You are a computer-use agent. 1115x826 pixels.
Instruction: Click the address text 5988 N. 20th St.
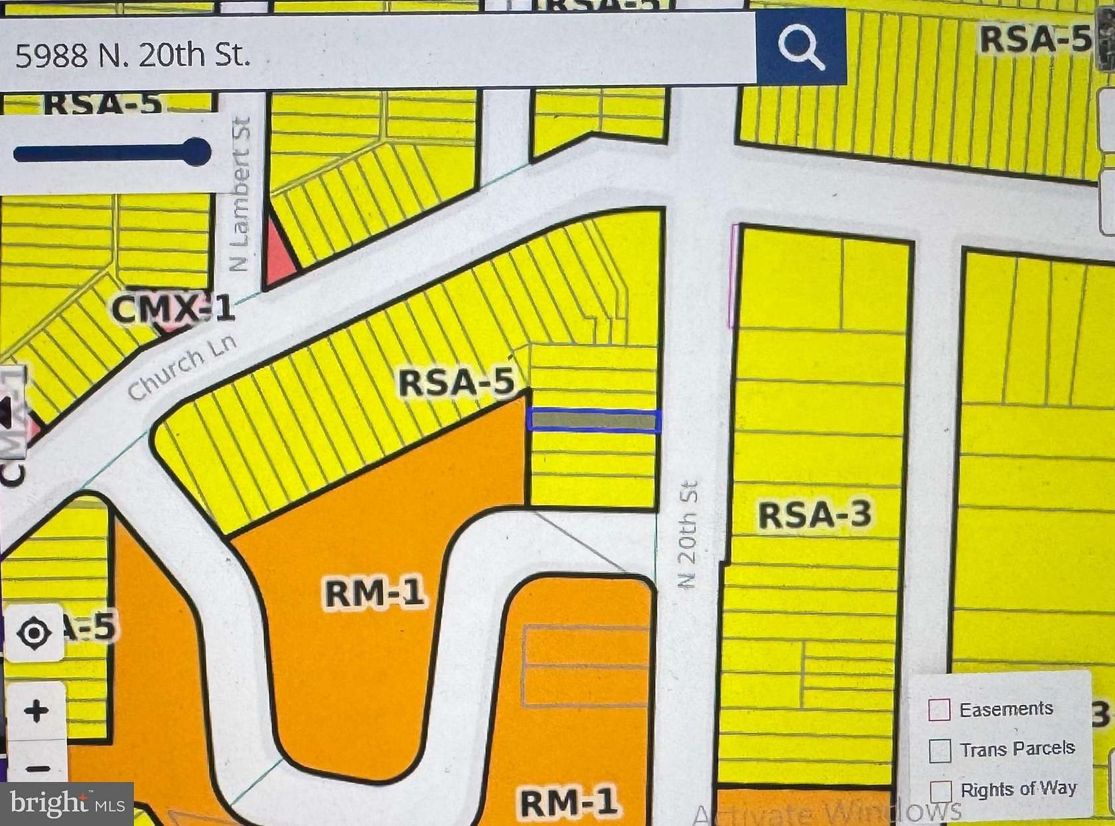[x=133, y=54]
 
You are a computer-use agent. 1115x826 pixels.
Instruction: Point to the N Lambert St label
[x=240, y=194]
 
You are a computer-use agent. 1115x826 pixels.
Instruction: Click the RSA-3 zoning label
[x=814, y=515]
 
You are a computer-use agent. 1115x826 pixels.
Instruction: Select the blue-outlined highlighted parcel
[x=593, y=421]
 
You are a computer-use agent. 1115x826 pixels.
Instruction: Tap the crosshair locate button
[x=34, y=631]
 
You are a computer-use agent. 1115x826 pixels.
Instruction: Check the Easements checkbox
[x=939, y=709]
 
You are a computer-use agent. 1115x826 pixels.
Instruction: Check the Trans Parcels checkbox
[x=940, y=750]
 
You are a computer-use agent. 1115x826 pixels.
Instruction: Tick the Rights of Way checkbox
[x=940, y=791]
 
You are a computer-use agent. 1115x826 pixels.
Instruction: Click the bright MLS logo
[x=67, y=804]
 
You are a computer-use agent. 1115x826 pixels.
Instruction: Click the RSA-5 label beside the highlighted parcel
[x=457, y=383]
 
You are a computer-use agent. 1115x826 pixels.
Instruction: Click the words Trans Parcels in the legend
[x=1017, y=749]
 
